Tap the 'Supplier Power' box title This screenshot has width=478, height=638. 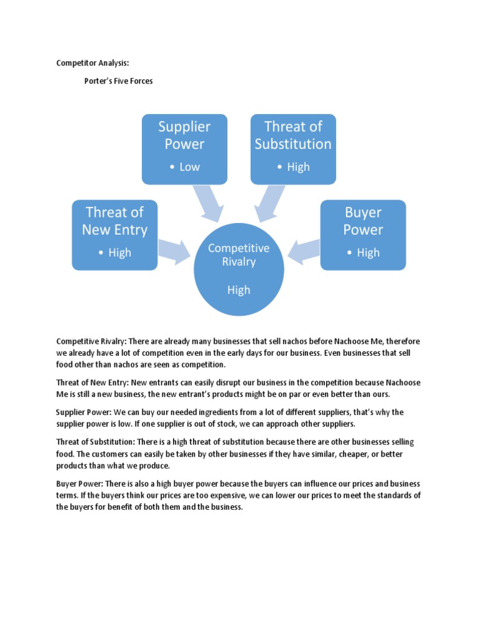(x=184, y=135)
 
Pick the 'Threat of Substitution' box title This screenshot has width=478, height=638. (x=293, y=135)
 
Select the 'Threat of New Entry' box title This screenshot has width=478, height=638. (x=115, y=221)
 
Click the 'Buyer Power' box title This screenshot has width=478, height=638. (x=363, y=221)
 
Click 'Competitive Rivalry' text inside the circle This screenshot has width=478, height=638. (x=238, y=255)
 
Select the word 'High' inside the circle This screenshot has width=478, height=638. (x=238, y=290)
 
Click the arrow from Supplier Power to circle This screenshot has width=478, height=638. (x=211, y=202)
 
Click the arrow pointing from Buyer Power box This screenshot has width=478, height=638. (x=304, y=249)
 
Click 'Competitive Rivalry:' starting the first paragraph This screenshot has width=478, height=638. (x=91, y=341)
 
